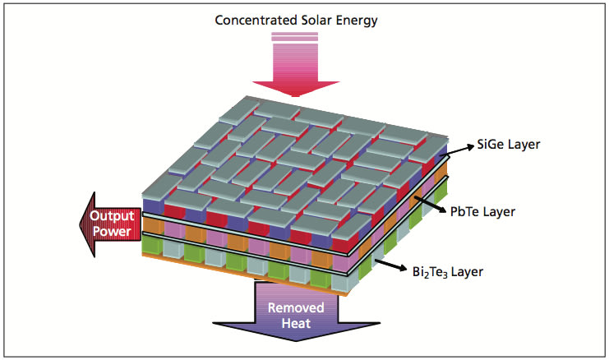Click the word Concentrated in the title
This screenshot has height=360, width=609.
257,19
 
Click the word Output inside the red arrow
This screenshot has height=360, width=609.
112,216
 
